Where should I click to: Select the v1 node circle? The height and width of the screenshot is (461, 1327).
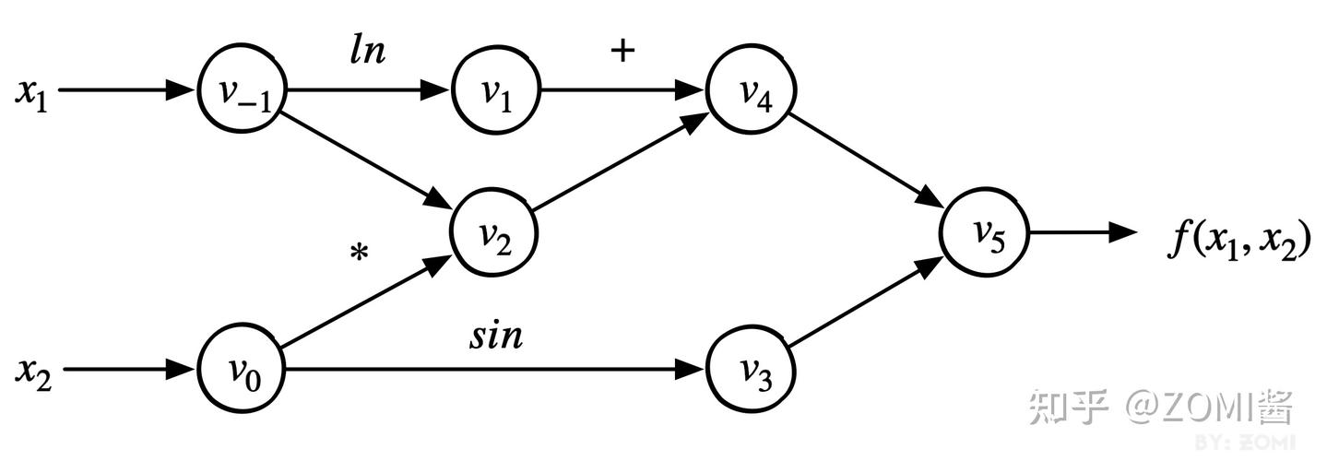click(496, 89)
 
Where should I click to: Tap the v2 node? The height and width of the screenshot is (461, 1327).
click(494, 232)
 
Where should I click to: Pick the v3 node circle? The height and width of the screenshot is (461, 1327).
click(752, 370)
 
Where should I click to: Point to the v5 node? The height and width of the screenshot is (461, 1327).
click(985, 232)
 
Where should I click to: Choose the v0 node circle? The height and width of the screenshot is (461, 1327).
click(241, 369)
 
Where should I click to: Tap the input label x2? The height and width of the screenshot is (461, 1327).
click(33, 374)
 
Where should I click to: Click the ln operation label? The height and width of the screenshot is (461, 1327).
click(367, 51)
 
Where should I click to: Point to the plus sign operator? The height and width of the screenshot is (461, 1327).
click(622, 51)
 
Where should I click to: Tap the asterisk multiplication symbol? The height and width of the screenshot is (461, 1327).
click(359, 253)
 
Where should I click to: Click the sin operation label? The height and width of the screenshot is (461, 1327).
click(496, 336)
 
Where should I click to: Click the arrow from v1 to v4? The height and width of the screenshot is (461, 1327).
click(623, 89)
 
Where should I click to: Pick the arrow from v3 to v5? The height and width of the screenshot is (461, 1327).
click(867, 301)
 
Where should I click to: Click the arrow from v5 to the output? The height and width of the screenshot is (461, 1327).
click(1084, 232)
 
